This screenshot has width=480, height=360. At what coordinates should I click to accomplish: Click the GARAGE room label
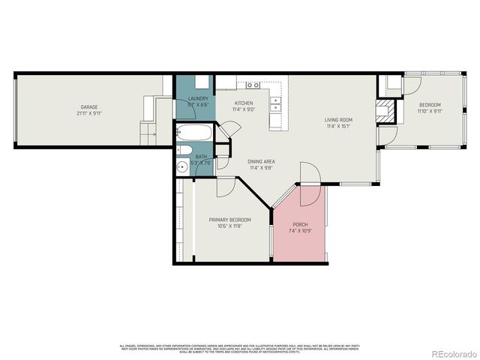pyautogui.click(x=89, y=107)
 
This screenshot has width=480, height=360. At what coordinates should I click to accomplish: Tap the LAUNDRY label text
pyautogui.click(x=198, y=98)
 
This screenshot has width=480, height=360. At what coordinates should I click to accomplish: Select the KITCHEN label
pyautogui.click(x=243, y=103)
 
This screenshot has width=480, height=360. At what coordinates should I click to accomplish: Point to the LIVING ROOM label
pyautogui.click(x=338, y=120)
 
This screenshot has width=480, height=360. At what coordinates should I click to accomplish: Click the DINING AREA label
pyautogui.click(x=260, y=161)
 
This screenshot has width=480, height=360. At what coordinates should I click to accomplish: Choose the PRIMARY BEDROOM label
pyautogui.click(x=229, y=220)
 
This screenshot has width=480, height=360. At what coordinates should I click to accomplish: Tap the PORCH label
pyautogui.click(x=299, y=224)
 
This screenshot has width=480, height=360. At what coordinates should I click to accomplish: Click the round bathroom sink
pyautogui.click(x=181, y=167)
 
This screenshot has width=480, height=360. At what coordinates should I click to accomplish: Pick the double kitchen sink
pyautogui.click(x=277, y=103)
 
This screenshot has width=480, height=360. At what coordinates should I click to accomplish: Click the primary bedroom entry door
pyautogui.click(x=225, y=186)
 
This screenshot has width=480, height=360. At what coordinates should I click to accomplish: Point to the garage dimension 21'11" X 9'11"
pyautogui.click(x=89, y=114)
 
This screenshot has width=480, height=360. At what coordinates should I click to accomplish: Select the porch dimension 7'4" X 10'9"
pyautogui.click(x=299, y=231)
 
